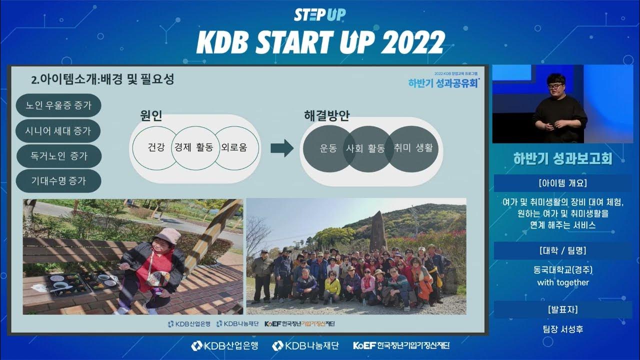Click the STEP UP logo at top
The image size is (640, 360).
tap(319, 14)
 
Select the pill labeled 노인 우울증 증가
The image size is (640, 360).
tap(58, 105)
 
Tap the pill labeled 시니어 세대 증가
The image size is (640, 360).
tap(58, 131)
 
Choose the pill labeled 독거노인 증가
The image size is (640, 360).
tap(58, 156)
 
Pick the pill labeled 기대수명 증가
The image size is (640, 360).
tap(58, 181)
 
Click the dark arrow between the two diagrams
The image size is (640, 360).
tap(281, 148)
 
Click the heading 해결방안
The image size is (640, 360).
tap(326, 115)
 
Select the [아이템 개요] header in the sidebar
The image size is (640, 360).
tap(562, 182)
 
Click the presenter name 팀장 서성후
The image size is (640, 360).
tap(562, 329)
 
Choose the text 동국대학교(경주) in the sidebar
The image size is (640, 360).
tap(562, 270)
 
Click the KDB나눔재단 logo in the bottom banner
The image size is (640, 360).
tap(305, 345)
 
